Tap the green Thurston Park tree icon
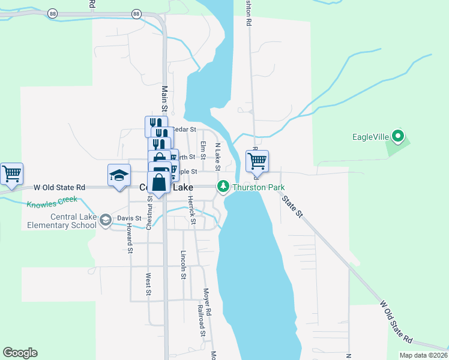223,187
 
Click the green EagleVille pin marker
397,136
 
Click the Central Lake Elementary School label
62,221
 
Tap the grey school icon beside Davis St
106,220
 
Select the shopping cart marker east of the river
256,161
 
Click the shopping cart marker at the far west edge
11,173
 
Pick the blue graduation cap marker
119,175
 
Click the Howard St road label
129,238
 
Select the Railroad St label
202,325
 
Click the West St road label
148,284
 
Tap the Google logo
20,353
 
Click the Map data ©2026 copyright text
423,355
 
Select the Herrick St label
192,210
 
